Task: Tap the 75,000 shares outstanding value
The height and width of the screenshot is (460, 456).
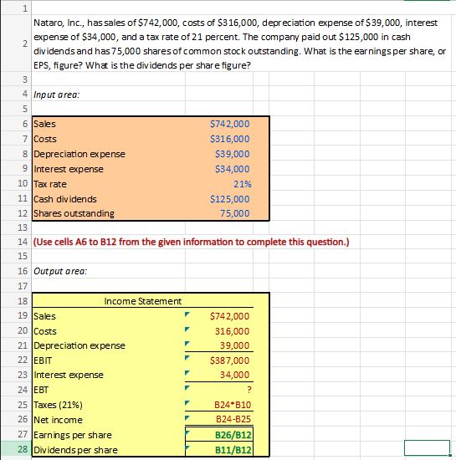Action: (x=233, y=214)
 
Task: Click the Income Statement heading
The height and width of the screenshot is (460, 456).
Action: (x=143, y=300)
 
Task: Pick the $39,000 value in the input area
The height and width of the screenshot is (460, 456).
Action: (x=232, y=154)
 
